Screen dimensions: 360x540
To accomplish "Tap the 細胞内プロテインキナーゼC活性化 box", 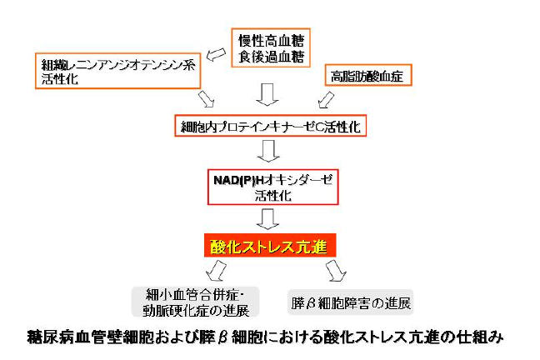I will [267, 127].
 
